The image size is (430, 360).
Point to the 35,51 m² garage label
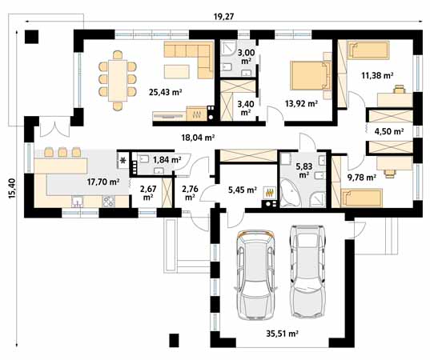(282, 334)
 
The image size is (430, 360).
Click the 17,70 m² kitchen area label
(102, 182)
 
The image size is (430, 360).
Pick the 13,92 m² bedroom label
(301, 103)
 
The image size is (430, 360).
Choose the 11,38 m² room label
(376, 76)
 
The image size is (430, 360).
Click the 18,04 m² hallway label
(198, 138)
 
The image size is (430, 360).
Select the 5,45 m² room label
(241, 190)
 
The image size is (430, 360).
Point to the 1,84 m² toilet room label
(167, 160)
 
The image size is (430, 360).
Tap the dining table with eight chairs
(117, 81)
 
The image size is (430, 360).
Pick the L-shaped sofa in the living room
(189, 58)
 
